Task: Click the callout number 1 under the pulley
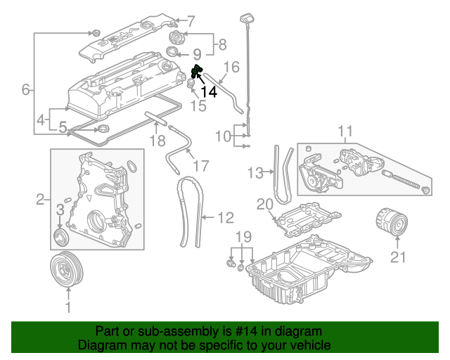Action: pos(68,307)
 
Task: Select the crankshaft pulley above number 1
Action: pos(68,270)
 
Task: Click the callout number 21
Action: pos(399,257)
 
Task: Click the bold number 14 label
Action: pos(209,91)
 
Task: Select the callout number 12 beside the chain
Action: pos(225,218)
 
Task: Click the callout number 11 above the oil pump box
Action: pos(345,131)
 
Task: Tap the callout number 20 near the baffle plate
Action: pos(264,205)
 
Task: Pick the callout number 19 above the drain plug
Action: pos(243,236)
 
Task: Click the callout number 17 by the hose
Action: pos(200,166)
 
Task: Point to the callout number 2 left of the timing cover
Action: pos(40,199)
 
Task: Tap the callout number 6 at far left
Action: pos(26,89)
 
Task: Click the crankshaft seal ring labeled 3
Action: pos(59,233)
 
